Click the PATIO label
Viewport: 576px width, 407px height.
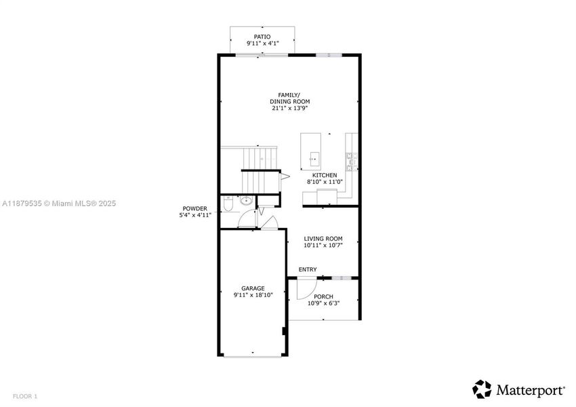click(262, 37)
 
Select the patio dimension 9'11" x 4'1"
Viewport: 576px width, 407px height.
click(262, 44)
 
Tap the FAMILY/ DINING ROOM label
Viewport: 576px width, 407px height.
click(289, 98)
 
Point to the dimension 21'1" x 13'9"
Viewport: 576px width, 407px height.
click(289, 108)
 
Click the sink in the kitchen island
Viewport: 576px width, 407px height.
click(314, 159)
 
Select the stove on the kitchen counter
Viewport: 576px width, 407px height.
click(352, 159)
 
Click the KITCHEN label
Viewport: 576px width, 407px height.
click(325, 175)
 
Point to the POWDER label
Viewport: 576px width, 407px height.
click(194, 208)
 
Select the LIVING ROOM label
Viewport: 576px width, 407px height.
click(323, 239)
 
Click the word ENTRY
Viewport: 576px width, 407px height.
click(308, 270)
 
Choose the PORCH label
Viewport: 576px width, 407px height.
click(323, 296)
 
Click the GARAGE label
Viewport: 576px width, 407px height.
click(253, 288)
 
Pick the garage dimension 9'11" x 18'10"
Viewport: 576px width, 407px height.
click(253, 295)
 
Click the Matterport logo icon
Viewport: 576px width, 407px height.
click(482, 389)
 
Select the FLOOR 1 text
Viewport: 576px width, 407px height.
click(24, 395)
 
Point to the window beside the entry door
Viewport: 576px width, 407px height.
click(340, 277)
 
